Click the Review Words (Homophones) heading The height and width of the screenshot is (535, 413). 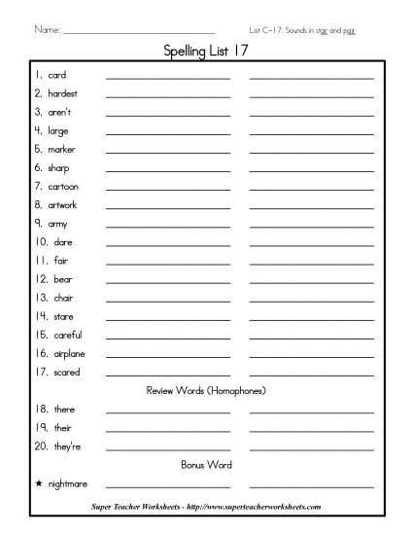click(x=206, y=391)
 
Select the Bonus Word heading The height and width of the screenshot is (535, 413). click(x=206, y=464)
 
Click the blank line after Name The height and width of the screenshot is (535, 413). click(x=138, y=32)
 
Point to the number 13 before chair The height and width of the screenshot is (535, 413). click(x=41, y=298)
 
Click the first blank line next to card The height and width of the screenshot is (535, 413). click(x=168, y=77)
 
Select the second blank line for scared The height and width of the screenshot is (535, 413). click(x=311, y=374)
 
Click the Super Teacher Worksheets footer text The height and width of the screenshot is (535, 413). click(x=206, y=507)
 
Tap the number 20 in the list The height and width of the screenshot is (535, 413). click(x=41, y=446)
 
